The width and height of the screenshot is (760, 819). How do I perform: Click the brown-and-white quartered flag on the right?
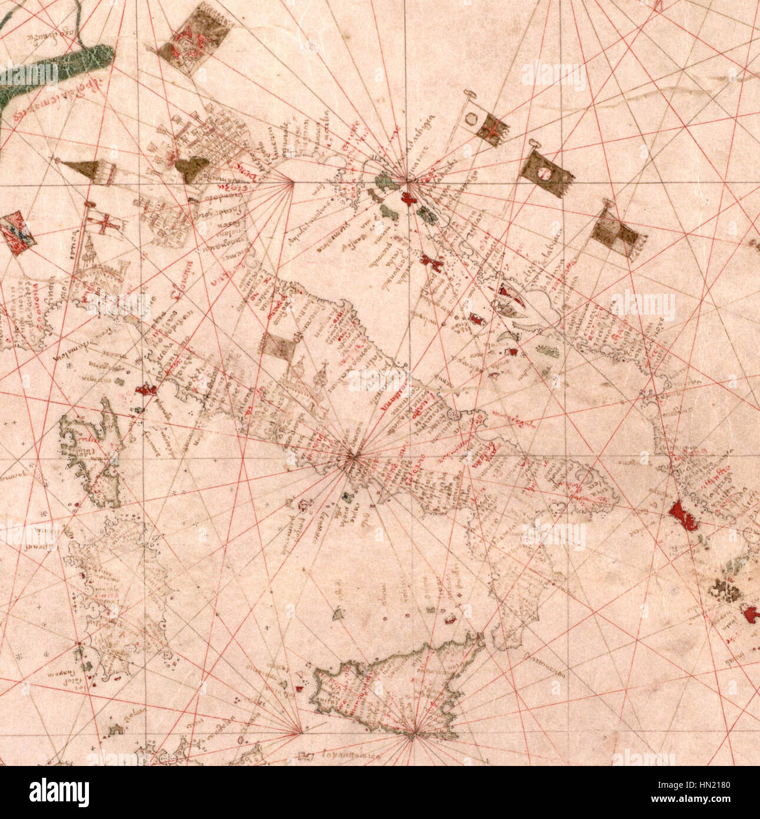click(x=615, y=236)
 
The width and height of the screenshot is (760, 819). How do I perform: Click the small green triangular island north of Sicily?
click(x=339, y=613)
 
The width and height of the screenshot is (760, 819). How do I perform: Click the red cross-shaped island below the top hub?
click(x=408, y=199)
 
